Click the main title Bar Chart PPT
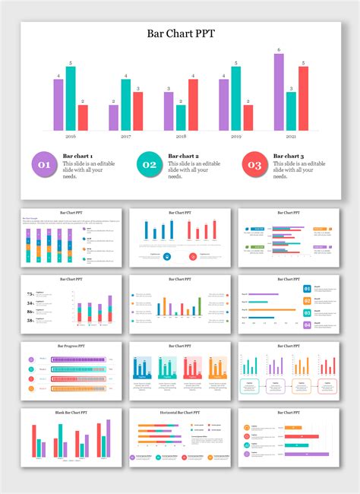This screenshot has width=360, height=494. pos(180,33)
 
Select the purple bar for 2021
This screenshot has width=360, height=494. pos(279,92)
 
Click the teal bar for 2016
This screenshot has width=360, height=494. pos(71,99)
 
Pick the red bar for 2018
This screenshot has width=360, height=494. pos(193,105)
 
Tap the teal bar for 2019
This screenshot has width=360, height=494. pos(236,99)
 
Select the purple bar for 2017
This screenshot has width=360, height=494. pos(113,118)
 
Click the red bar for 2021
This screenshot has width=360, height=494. pos(303,99)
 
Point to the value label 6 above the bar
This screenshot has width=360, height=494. pos(279,49)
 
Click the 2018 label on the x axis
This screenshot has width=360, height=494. pos(181,137)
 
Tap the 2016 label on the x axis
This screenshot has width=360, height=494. pos(71,137)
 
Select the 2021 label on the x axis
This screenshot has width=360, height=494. pos(291,137)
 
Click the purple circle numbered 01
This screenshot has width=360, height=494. pos(43,164)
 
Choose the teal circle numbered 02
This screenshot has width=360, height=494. pos(149,164)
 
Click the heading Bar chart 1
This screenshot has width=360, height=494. pos(77,156)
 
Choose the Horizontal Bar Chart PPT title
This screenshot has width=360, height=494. pos(180,413)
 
